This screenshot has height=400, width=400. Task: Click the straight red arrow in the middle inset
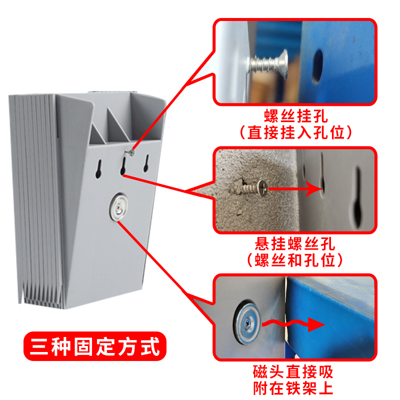(x=295, y=188)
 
